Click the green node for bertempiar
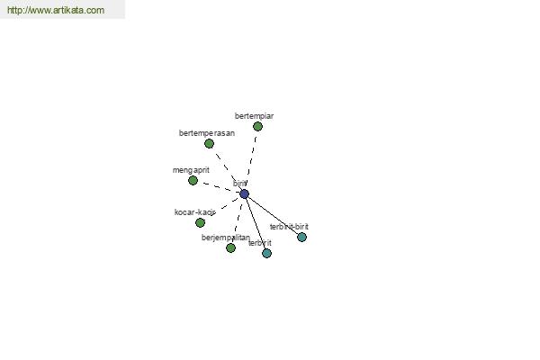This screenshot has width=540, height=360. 257,126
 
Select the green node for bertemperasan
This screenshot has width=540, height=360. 209,143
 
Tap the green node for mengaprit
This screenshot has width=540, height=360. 193,180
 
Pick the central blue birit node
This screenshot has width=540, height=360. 244,193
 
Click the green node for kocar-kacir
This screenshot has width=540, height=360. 200,222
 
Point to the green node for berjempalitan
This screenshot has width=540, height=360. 230,247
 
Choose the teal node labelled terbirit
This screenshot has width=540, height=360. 266,253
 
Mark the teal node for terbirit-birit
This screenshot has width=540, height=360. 301,237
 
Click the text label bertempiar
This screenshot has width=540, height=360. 254,116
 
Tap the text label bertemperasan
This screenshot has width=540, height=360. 207,133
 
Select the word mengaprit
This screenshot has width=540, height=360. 191,170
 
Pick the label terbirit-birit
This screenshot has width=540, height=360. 289,227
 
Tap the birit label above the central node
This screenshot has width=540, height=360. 239,184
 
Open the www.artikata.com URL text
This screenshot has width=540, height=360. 55,10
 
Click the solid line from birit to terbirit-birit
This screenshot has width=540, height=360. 273,215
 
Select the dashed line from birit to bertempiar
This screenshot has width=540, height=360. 251,159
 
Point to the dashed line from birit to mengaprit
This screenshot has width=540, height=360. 218,186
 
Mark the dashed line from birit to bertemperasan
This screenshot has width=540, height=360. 226,168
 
